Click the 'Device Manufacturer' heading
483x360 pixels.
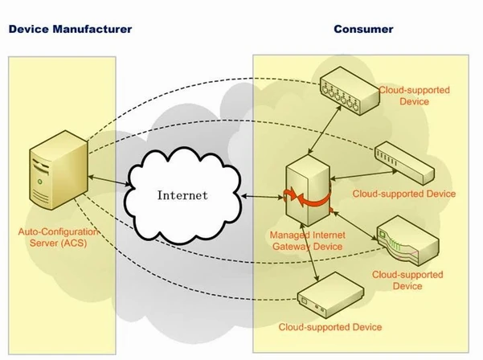(x=69, y=30)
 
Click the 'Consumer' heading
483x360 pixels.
(x=363, y=30)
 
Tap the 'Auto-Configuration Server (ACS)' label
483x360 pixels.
(x=58, y=238)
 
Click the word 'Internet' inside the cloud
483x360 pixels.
(x=182, y=194)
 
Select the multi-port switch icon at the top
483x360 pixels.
(x=347, y=93)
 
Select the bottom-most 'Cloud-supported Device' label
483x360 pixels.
(x=330, y=328)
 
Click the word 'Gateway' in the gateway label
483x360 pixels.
(x=284, y=247)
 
